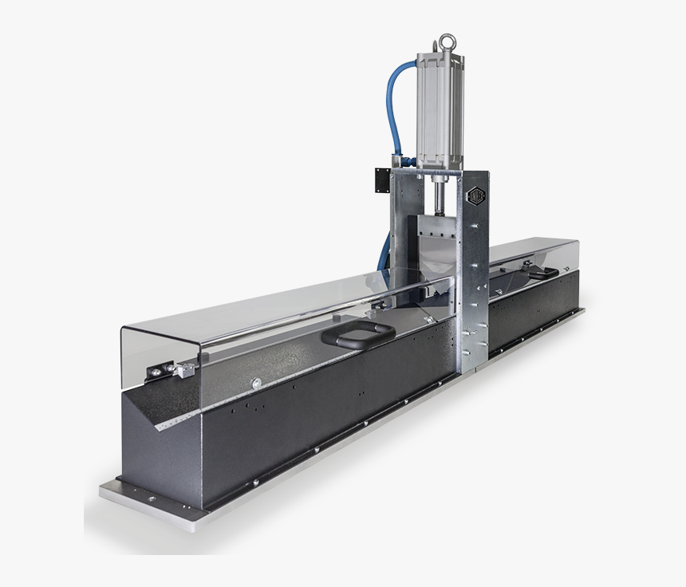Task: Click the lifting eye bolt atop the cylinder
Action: tap(444, 43)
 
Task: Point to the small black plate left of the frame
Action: tap(379, 182)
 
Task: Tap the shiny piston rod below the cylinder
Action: tap(437, 191)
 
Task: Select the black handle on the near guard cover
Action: tap(356, 335)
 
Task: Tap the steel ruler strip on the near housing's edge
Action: tap(191, 416)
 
